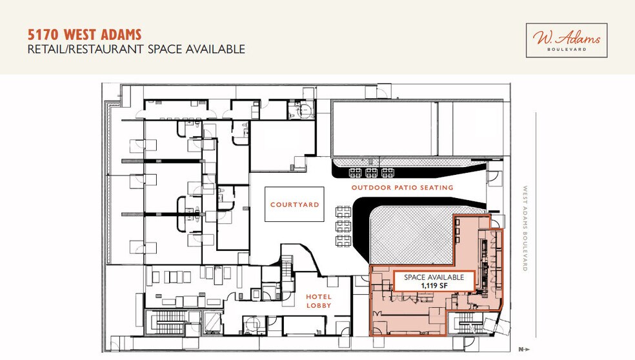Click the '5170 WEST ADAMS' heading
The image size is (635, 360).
(x=84, y=34)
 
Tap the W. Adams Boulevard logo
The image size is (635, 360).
(x=567, y=41)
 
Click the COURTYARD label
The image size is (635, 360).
(x=294, y=205)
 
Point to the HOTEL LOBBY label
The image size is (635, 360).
(x=318, y=300)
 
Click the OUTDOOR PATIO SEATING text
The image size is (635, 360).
(x=402, y=188)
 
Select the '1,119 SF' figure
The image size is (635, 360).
(x=434, y=285)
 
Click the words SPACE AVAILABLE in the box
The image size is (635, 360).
(x=434, y=277)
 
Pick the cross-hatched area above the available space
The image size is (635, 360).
(x=410, y=235)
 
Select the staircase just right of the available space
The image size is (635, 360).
(x=467, y=323)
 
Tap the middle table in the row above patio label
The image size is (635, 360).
(x=371, y=172)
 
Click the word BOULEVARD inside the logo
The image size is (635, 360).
(x=567, y=48)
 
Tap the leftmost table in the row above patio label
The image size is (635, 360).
(x=355, y=172)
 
